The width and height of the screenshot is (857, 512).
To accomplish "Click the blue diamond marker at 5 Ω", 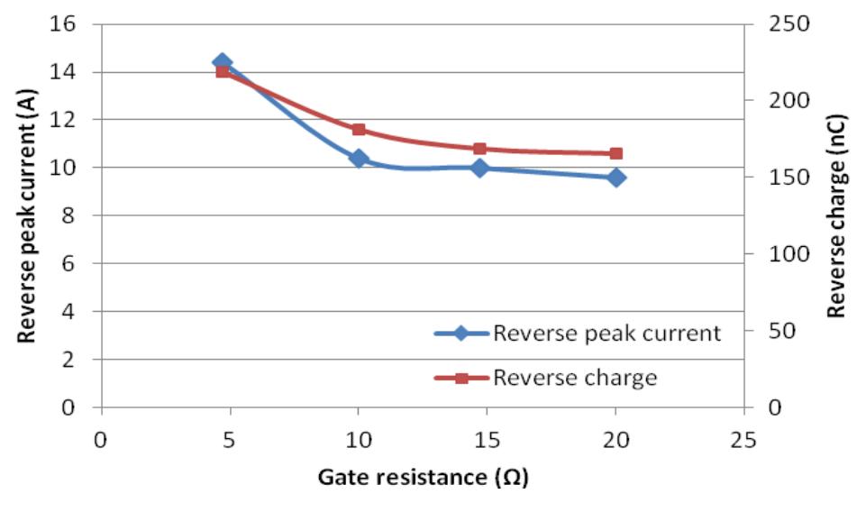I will pos(223,62).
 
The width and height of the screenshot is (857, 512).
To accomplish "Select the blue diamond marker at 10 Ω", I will pos(359,159).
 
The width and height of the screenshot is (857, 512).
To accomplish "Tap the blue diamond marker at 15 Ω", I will pos(479,168).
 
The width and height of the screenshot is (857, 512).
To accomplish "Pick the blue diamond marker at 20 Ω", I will pos(616,178).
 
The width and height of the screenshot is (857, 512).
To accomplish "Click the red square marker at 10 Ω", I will pos(359,130).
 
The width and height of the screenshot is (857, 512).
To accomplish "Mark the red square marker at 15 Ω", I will pos(479,149).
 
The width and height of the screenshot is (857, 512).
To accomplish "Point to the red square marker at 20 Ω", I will pos(616,154).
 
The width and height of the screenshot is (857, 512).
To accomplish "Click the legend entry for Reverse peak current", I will pos(577,334).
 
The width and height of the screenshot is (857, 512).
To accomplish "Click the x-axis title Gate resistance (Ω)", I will pos(423,477).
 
